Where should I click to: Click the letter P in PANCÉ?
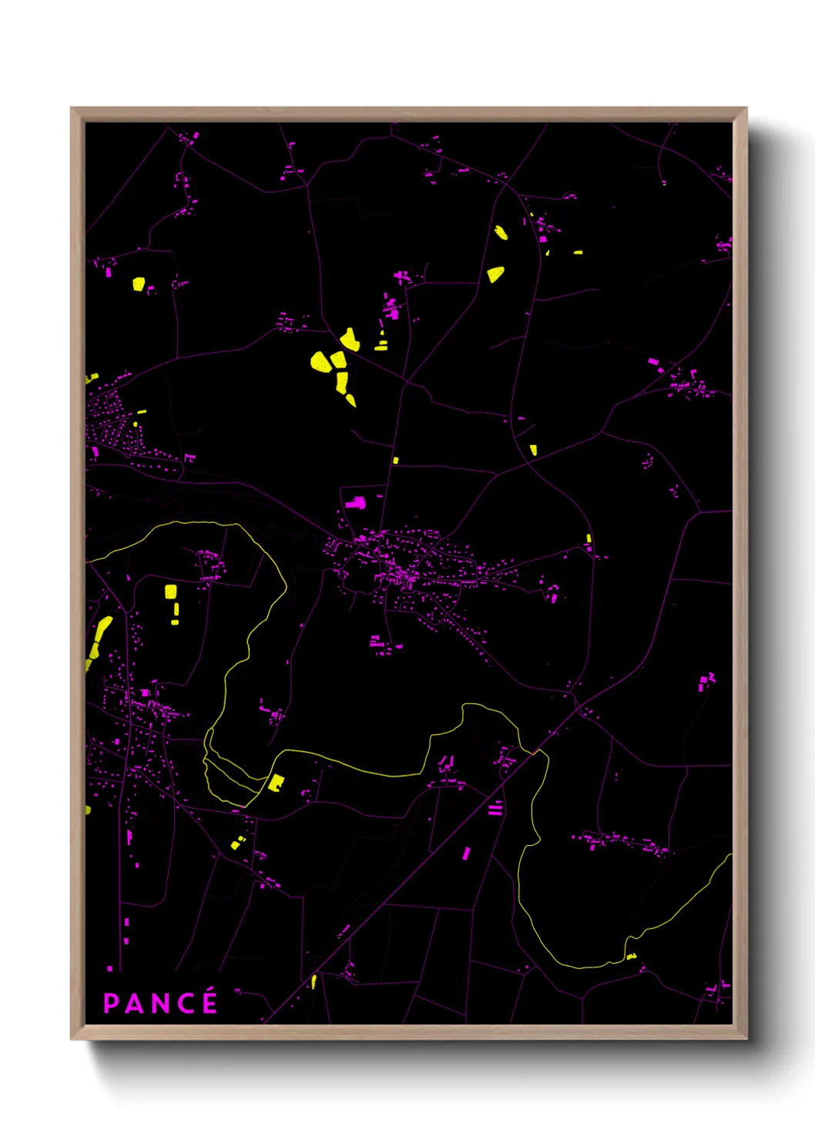[x=111, y=1003]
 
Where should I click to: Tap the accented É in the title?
[x=208, y=1002]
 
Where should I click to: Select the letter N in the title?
[x=159, y=1003]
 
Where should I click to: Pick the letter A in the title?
[x=134, y=1003]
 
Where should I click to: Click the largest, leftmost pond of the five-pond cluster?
[x=321, y=361]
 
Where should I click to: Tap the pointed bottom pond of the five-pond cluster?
[x=350, y=400]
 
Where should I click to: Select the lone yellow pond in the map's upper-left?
[x=139, y=284]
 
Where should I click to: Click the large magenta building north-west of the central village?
[x=355, y=503]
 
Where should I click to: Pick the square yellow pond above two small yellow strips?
[x=171, y=592]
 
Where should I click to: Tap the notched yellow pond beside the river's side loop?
[x=275, y=783]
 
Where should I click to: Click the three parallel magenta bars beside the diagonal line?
[x=495, y=808]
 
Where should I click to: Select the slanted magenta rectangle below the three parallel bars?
[x=465, y=853]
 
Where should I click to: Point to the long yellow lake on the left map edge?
[x=98, y=639]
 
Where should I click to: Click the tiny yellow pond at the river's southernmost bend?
[x=632, y=957]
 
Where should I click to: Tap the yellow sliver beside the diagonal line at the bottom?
[x=314, y=981]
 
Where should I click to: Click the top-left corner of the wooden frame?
[x=72, y=109]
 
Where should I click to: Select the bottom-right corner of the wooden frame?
[x=746, y=1038]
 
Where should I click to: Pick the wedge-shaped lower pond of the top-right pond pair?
[x=495, y=273]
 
